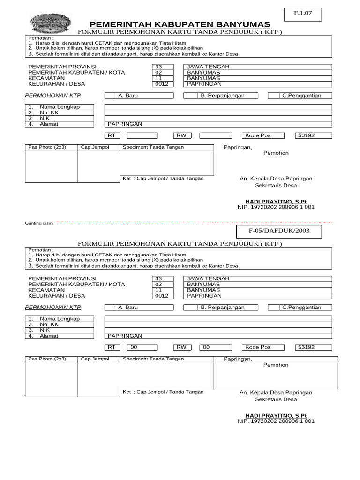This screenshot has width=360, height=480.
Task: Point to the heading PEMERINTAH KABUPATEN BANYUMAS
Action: click(180, 24)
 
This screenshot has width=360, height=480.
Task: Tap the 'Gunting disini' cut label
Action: click(39, 223)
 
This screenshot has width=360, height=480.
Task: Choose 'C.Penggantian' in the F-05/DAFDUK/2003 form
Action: click(300, 307)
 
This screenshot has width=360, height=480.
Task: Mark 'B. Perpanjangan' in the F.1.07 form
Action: click(223, 96)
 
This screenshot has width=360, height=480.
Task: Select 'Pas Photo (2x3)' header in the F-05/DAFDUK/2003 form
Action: click(47, 359)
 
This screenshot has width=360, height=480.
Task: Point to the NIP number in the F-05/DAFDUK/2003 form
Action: click(276, 421)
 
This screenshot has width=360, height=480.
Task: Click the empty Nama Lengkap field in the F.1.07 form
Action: click(218, 107)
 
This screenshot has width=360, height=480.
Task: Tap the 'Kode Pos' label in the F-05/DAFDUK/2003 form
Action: click(258, 347)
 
